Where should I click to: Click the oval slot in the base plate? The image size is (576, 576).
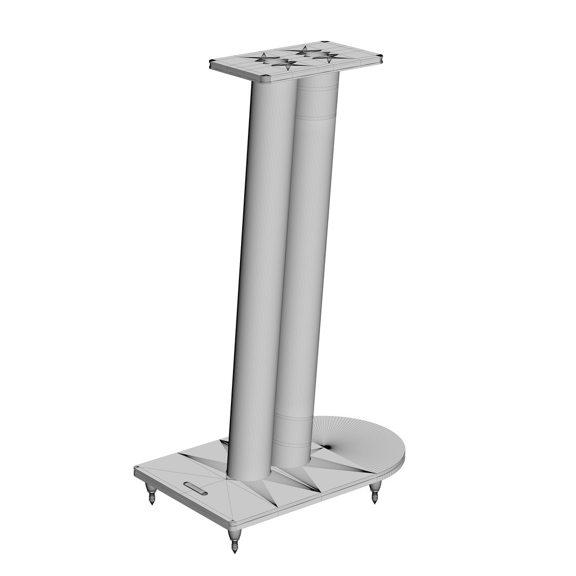(x=195, y=487)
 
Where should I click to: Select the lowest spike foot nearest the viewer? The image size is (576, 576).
(x=234, y=540)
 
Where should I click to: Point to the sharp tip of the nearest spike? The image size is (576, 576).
(x=234, y=552)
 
